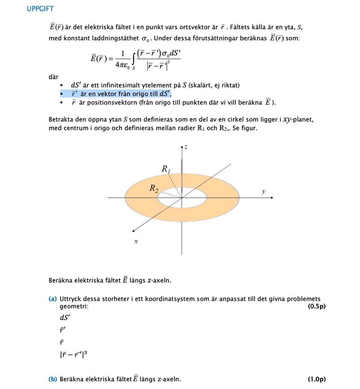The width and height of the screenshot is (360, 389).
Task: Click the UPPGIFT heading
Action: [x=40, y=9]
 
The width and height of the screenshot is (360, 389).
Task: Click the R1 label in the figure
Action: [x=166, y=169]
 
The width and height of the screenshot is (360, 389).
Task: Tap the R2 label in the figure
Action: [x=154, y=189]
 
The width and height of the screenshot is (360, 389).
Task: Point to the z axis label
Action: [x=186, y=147]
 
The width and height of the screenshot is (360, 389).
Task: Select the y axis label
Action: [x=264, y=192]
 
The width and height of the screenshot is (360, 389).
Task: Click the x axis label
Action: [x=135, y=241]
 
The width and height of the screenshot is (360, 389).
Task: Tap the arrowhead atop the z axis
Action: [x=182, y=147]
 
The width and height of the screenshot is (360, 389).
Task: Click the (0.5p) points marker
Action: [x=316, y=306]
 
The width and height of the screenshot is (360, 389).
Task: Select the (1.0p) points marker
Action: [x=316, y=379]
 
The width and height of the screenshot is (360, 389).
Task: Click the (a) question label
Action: [x=53, y=299]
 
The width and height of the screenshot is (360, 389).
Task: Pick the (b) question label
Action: [x=53, y=379]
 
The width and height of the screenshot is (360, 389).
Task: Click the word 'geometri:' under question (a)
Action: [x=74, y=306]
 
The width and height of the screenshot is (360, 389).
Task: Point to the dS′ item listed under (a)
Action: [x=65, y=317]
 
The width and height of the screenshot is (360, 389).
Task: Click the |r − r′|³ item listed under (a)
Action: [x=73, y=354]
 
